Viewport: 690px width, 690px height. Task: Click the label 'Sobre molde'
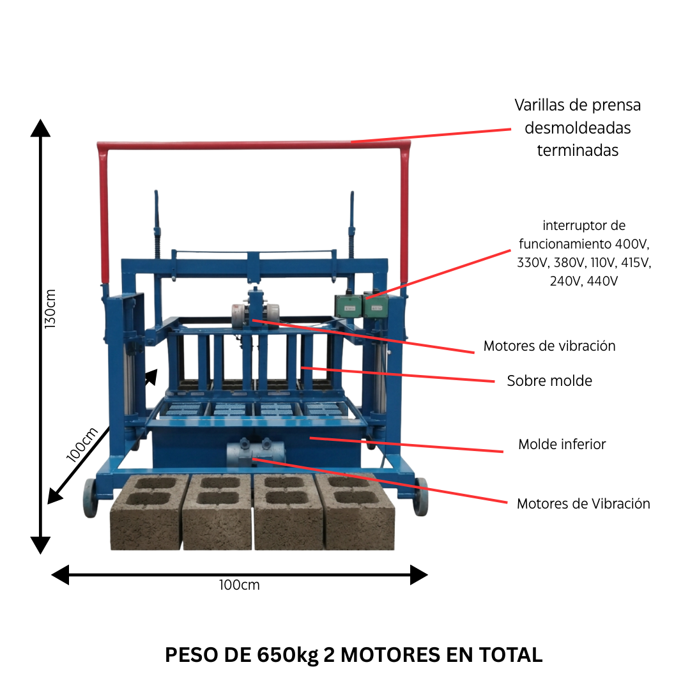pyautogui.click(x=549, y=381)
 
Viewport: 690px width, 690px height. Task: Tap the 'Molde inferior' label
pyautogui.click(x=562, y=445)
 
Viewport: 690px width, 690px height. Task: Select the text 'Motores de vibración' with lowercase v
pyautogui.click(x=549, y=346)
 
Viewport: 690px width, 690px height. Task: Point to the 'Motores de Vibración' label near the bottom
pyautogui.click(x=583, y=503)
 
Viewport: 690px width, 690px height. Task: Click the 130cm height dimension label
pyautogui.click(x=50, y=309)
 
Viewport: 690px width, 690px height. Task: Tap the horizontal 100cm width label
pyautogui.click(x=239, y=585)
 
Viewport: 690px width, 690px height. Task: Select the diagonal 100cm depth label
pyautogui.click(x=82, y=443)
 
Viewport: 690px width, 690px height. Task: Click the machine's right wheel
pyautogui.click(x=420, y=496)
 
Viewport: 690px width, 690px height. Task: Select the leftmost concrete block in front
pyautogui.click(x=146, y=512)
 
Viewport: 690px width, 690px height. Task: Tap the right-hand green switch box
pyautogui.click(x=375, y=305)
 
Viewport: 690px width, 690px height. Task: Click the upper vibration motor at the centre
pyautogui.click(x=255, y=312)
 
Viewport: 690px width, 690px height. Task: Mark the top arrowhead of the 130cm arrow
pyautogui.click(x=41, y=127)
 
